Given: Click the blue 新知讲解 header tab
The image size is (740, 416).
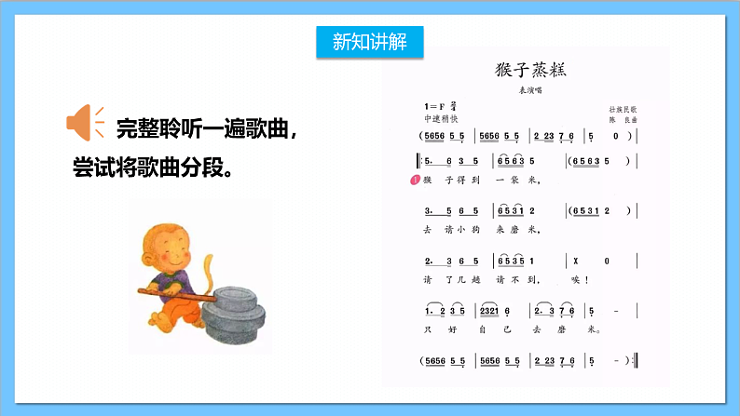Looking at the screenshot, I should (369, 41).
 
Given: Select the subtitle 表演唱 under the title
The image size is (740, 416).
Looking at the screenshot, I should (529, 90).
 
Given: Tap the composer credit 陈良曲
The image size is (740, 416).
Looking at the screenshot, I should (622, 120).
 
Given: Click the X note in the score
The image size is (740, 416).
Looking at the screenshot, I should (579, 261).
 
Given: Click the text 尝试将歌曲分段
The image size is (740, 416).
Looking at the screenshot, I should (153, 169).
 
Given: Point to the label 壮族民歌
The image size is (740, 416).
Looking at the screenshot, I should (623, 110).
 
